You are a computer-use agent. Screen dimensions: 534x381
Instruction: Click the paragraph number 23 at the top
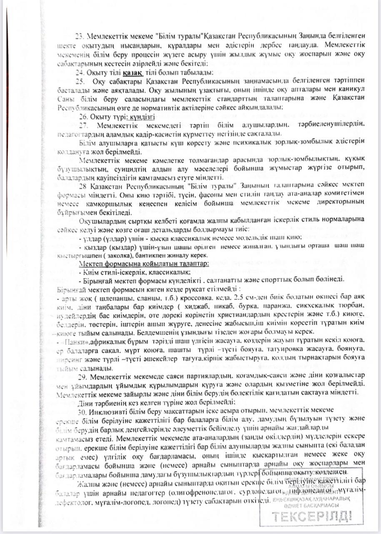79,36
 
